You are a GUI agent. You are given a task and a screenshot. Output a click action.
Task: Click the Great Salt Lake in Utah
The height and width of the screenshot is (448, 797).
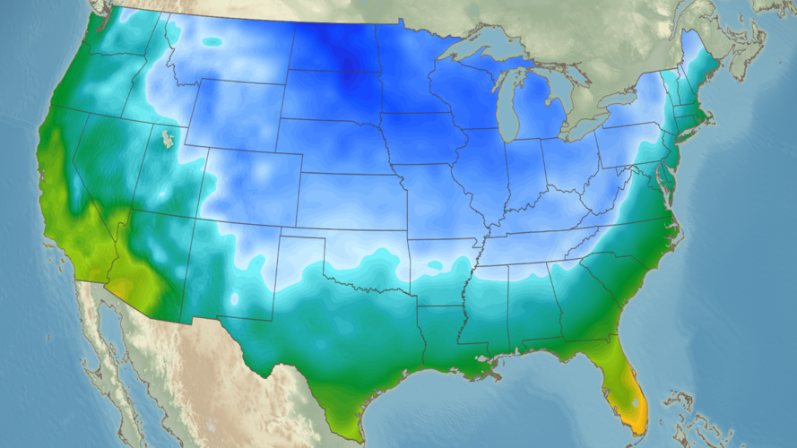coord(166,139)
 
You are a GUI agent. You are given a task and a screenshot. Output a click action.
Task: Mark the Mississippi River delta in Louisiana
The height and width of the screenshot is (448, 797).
coord(489,372)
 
